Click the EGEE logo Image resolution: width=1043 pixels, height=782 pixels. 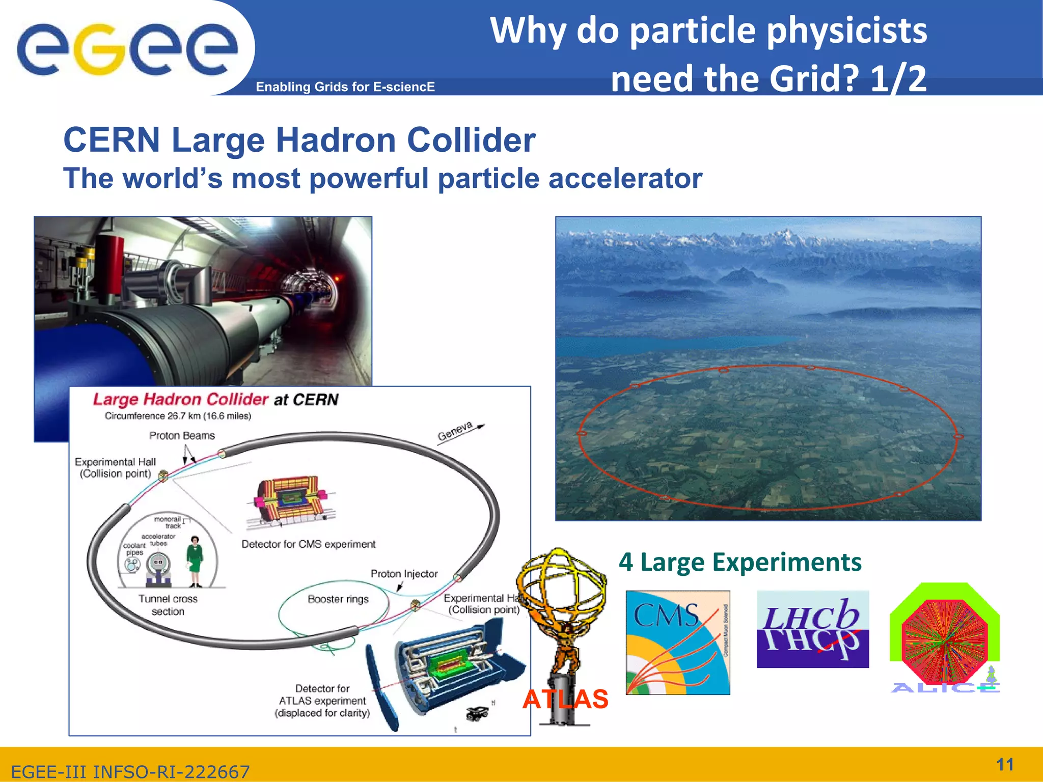tap(127, 49)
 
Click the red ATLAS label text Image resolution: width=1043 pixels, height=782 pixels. tap(565, 699)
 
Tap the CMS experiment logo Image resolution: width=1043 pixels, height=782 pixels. tap(677, 643)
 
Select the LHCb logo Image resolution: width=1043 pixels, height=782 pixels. tap(812, 630)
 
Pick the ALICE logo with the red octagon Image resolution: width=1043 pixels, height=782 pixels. tap(945, 639)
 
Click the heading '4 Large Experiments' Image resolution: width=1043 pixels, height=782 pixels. tap(740, 563)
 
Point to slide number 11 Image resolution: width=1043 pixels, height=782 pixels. tap(1005, 764)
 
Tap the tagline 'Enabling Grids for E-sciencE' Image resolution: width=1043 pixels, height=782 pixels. tap(345, 87)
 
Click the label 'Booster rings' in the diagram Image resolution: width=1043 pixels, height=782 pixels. tap(338, 599)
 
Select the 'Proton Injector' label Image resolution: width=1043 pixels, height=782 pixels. tap(404, 574)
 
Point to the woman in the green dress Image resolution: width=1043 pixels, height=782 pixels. tap(195, 562)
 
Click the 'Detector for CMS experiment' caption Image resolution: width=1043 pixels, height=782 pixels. tap(308, 544)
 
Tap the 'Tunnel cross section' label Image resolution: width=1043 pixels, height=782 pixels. tap(168, 605)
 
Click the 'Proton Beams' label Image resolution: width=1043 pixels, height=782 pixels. tap(182, 436)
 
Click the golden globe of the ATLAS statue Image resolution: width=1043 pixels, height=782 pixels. tap(560, 585)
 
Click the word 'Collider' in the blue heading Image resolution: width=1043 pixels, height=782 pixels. tap(471, 140)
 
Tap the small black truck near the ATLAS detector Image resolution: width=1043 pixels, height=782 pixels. tap(477, 713)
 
